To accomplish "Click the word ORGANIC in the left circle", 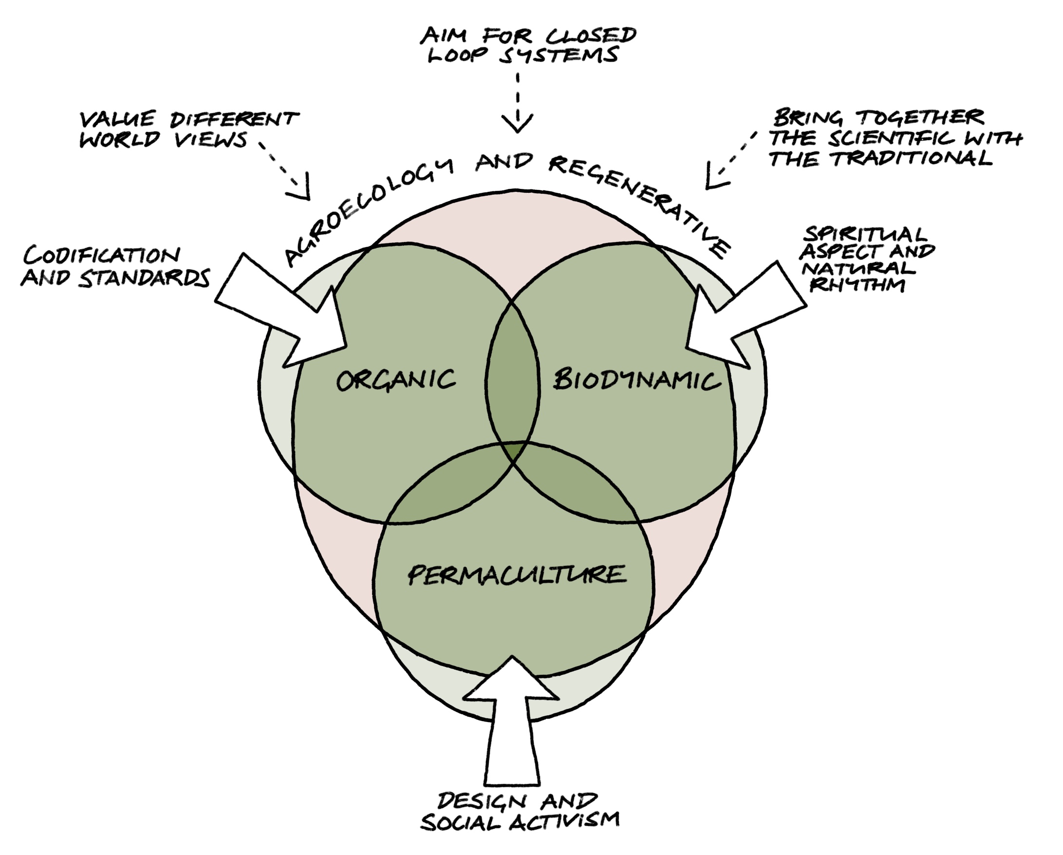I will click(396, 380).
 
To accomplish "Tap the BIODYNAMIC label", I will click(636, 380).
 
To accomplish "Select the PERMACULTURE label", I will click(517, 575).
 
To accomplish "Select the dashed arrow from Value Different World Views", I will click(288, 172).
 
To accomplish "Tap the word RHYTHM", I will click(858, 285).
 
